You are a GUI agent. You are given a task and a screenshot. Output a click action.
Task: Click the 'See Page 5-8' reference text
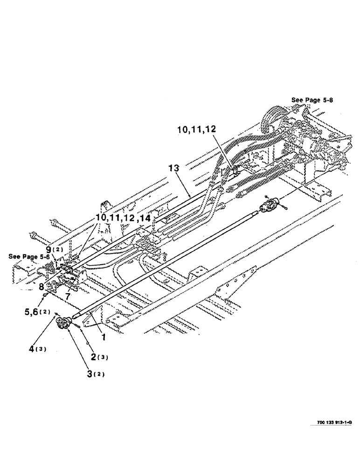(312, 100)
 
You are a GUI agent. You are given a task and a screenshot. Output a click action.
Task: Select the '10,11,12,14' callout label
(124, 218)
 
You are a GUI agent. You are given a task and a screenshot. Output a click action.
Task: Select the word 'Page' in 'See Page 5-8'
(312, 100)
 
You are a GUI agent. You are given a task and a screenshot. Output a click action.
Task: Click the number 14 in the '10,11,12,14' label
(145, 218)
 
